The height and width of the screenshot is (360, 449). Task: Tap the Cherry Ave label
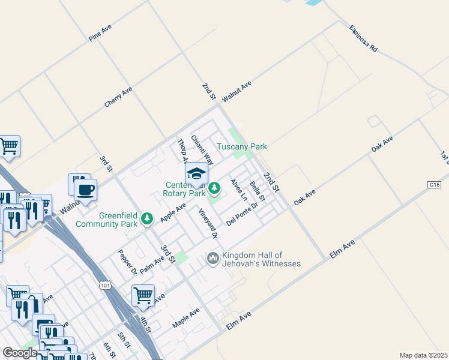coord(118,97)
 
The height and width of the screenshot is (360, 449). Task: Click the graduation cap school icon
coord(196,174)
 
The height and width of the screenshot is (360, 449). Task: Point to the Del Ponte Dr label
coord(242,214)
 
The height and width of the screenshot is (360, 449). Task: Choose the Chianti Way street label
coord(202,150)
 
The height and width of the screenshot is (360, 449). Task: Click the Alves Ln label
coord(239,190)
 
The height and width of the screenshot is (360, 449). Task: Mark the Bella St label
coord(258,191)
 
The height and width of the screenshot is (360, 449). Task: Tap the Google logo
coord(20,353)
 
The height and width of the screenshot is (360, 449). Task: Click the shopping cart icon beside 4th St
coord(143,295)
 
